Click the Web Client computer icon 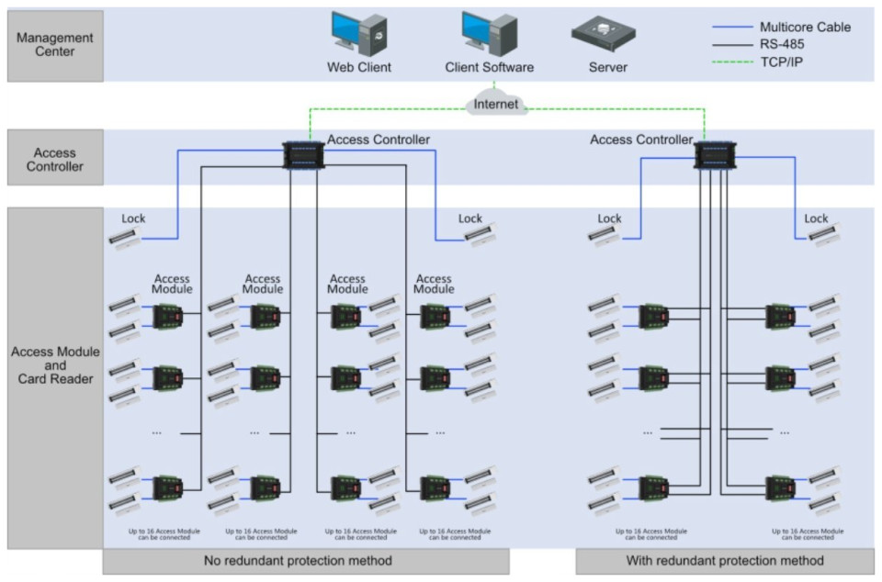358,35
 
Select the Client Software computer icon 489,35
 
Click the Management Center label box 54,45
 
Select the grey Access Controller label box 54,160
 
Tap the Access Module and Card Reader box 54,365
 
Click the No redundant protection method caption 305,560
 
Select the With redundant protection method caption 724,560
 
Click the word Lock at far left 133,218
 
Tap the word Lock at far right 816,218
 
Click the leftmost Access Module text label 172,284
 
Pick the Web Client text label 358,67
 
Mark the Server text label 607,67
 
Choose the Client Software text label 489,67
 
